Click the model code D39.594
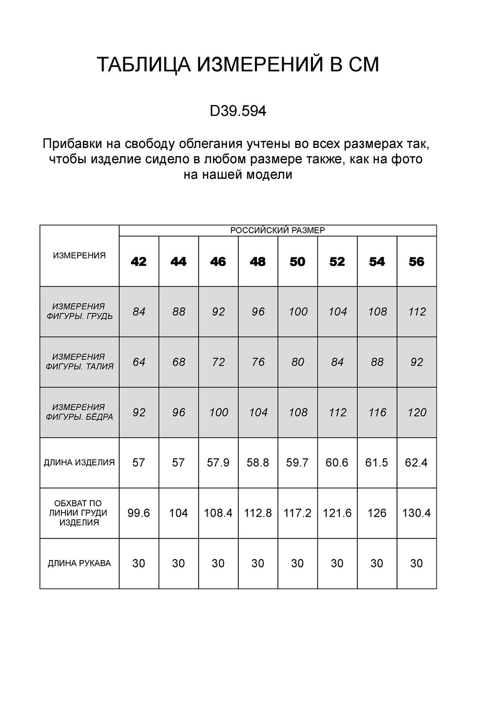point(238,112)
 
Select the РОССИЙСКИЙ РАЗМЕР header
point(277,230)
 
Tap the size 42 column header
point(139,262)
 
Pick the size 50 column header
point(297,262)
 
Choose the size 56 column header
point(417,262)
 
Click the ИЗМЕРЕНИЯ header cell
point(79,255)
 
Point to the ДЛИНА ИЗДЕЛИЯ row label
point(79,462)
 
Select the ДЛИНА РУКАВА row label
point(79,563)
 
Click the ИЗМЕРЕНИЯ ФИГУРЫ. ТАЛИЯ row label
point(79,362)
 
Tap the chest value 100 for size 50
point(298,312)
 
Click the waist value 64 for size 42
point(139,362)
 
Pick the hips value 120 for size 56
point(417,413)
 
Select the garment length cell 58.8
point(258,462)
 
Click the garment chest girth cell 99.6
point(139,513)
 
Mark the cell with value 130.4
point(417,513)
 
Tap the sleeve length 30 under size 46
point(218,563)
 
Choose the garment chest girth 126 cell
point(377,513)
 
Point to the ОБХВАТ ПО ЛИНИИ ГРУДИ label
point(79,513)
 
